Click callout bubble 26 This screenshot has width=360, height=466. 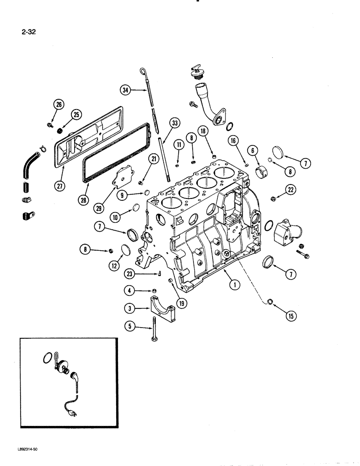(59, 104)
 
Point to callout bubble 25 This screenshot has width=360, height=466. (76, 115)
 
